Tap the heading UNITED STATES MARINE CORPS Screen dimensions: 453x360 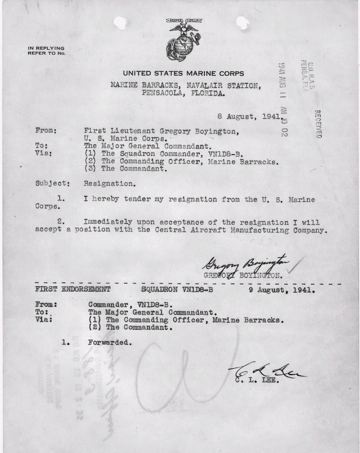[183, 73]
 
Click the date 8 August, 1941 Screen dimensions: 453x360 [246, 116]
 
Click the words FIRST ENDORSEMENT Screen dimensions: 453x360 [73, 290]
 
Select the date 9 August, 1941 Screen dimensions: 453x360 [282, 290]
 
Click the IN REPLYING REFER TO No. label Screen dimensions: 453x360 [46, 51]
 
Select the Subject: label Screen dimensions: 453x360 [52, 184]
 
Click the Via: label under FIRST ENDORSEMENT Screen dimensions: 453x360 [45, 319]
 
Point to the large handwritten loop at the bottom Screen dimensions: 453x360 [166, 372]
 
